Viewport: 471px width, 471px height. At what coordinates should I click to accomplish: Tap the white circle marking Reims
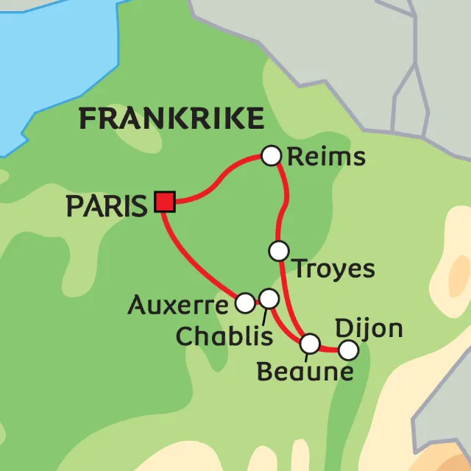click(272, 155)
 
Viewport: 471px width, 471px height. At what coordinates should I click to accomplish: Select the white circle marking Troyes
click(278, 251)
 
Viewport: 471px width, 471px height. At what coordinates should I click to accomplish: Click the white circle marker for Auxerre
click(245, 301)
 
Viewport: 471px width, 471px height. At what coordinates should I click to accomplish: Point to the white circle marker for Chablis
click(269, 298)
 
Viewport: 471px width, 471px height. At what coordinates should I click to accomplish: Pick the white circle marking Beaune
click(311, 344)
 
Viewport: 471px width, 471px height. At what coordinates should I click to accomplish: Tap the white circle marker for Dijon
click(347, 349)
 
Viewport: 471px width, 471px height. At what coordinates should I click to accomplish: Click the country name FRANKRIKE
click(171, 118)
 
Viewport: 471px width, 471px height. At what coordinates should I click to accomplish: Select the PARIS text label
click(107, 207)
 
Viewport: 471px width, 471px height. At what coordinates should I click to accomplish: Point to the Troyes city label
click(334, 269)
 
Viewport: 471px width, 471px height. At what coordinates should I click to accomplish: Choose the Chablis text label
click(224, 336)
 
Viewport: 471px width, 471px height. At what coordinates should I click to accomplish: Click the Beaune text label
click(304, 372)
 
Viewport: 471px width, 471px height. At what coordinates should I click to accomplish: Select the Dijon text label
click(369, 328)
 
